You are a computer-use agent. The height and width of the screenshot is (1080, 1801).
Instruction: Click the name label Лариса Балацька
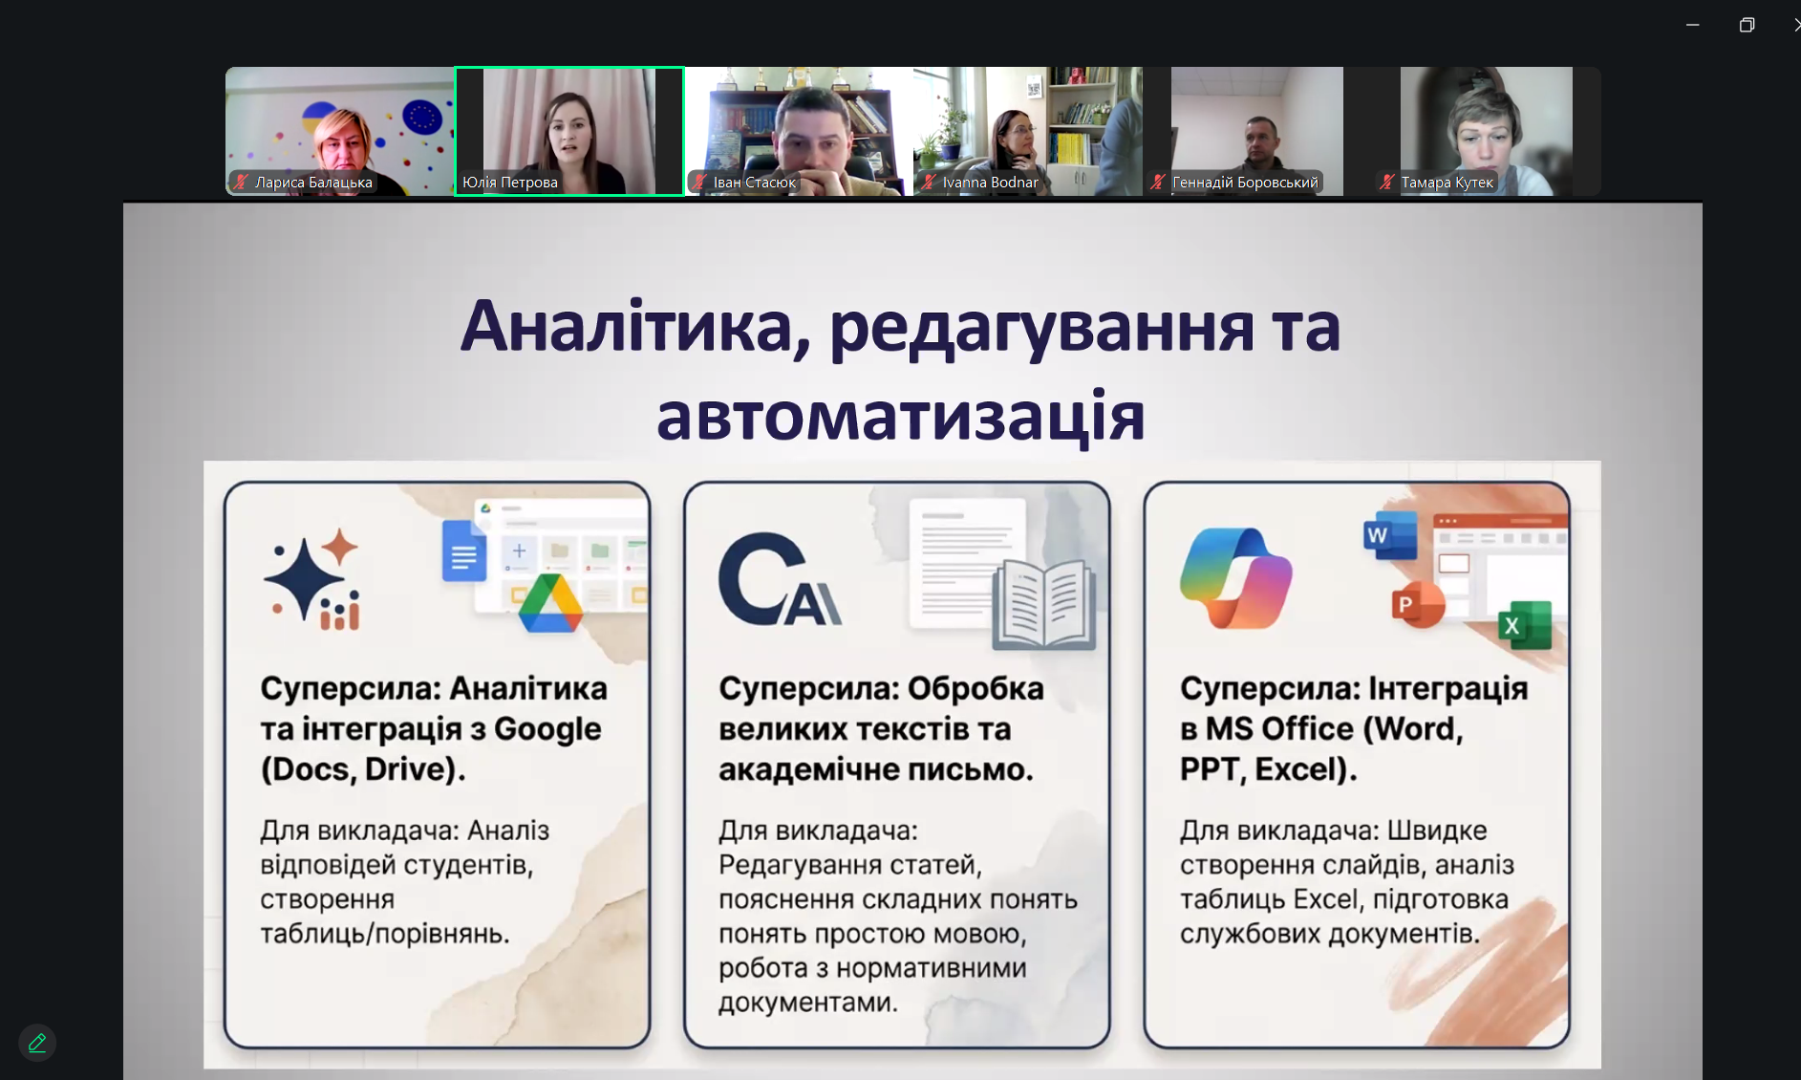(x=312, y=183)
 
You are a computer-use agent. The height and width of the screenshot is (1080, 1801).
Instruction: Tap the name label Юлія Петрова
(x=509, y=183)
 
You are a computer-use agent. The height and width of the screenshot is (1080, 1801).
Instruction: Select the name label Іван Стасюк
(x=754, y=183)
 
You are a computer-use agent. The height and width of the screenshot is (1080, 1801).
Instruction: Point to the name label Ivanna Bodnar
(x=990, y=183)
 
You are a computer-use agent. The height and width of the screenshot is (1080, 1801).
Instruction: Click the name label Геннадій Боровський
(x=1244, y=183)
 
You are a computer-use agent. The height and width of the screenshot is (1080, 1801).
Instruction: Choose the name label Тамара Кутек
(x=1447, y=183)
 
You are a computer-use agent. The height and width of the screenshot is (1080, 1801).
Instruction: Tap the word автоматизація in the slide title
(x=900, y=416)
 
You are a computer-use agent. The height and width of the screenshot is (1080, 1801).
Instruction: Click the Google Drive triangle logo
(x=550, y=604)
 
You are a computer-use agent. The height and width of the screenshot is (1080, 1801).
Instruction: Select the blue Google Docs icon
(x=464, y=551)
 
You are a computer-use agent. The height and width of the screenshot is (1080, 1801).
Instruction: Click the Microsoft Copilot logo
(x=1235, y=578)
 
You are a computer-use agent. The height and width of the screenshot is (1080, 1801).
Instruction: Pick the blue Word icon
(x=1389, y=535)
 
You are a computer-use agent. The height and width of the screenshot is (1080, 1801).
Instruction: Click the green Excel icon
(x=1524, y=625)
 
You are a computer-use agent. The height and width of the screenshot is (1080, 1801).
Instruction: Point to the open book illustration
(x=1043, y=605)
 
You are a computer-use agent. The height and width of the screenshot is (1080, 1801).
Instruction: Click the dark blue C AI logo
(x=779, y=580)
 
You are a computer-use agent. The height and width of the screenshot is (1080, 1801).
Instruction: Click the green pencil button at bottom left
(x=37, y=1043)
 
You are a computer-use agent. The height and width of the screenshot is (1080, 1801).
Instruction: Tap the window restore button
(x=1747, y=25)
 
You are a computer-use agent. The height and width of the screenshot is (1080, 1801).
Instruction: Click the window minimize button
(x=1692, y=25)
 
